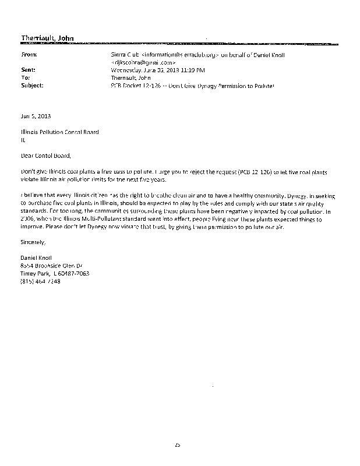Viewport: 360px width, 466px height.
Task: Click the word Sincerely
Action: click(x=32, y=241)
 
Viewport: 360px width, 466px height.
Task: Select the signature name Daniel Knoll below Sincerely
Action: click(x=36, y=258)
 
